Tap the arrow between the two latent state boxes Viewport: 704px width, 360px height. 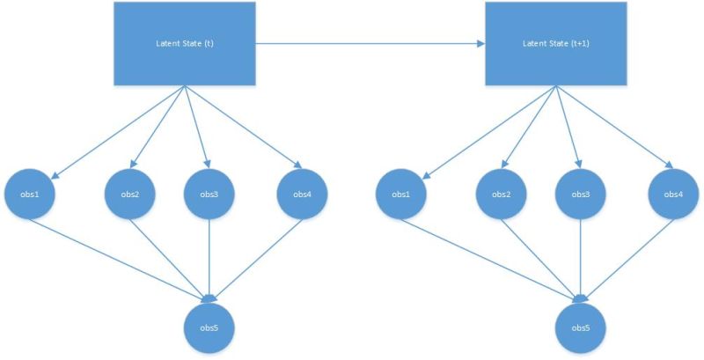point(370,42)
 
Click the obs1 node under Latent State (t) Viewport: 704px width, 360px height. point(32,194)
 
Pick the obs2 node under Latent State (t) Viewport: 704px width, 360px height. point(129,194)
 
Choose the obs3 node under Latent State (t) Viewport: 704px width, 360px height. point(209,194)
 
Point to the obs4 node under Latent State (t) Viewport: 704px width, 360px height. point(302,194)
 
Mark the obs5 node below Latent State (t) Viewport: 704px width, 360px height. point(209,327)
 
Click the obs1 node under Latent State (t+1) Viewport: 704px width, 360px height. point(401,194)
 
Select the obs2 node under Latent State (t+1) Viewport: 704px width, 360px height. point(502,194)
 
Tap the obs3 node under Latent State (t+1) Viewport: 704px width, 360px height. point(581,194)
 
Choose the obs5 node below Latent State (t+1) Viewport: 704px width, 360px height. point(581,327)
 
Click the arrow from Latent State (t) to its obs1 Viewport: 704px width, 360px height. point(119,130)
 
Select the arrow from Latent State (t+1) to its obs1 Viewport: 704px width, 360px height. point(489,130)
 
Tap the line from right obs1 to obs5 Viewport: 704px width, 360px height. point(493,261)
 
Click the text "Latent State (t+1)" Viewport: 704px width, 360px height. point(556,43)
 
